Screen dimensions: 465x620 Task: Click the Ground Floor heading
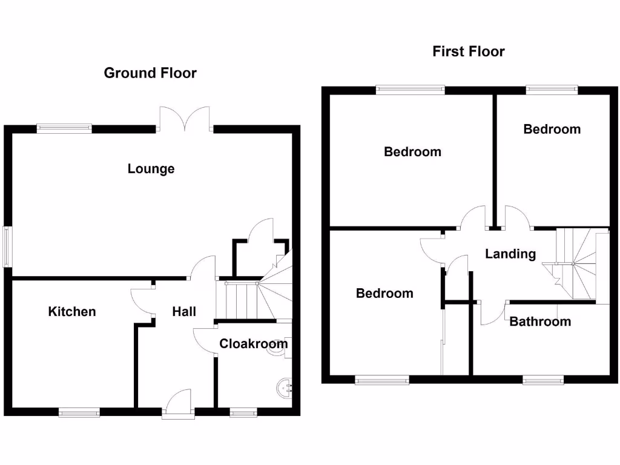click(x=150, y=73)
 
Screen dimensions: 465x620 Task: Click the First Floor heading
click(x=468, y=51)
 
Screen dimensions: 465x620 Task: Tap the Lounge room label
click(x=151, y=169)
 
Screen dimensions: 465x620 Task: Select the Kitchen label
click(x=72, y=312)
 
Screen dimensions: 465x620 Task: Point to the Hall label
click(x=184, y=312)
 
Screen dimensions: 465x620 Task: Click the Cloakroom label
click(x=253, y=344)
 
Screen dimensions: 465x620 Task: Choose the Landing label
click(x=510, y=254)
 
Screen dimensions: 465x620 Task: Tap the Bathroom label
click(x=539, y=322)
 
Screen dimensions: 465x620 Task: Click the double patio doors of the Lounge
click(x=185, y=119)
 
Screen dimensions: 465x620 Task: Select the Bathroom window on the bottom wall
click(x=543, y=380)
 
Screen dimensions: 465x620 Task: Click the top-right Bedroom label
click(x=552, y=130)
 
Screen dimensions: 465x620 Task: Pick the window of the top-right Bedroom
click(x=551, y=90)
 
